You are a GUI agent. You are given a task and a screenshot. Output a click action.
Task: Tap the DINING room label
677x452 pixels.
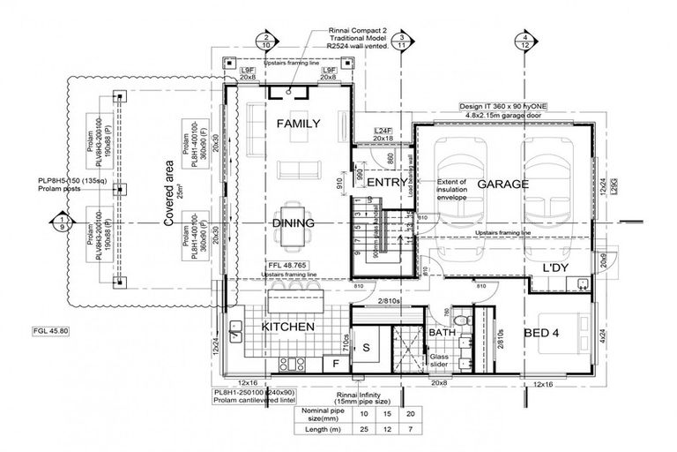point(293,223)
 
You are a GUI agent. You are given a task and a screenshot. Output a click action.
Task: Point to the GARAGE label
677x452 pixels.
point(502,185)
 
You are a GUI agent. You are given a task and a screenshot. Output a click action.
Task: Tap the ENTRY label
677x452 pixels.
point(387,183)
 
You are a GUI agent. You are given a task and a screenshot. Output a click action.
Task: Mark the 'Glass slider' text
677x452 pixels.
point(439,360)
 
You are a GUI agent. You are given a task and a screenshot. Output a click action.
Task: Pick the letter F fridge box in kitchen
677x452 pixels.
point(335,362)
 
